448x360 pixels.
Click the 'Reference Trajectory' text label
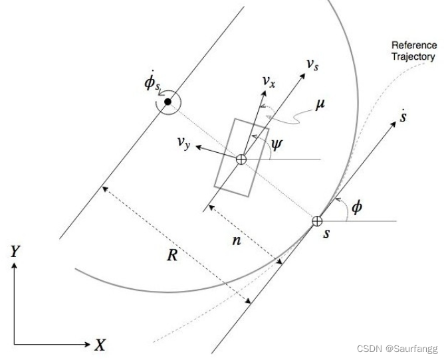coord(413,51)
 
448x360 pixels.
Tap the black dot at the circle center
coord(168,102)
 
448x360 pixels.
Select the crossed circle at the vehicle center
coord(241,159)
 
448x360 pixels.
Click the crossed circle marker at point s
coord(318,221)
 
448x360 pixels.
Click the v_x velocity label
coord(269,81)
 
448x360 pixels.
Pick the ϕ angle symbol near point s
coord(356,208)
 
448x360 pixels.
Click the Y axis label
coord(14,251)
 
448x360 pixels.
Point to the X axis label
coord(100,345)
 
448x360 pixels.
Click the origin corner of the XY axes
coord(14,344)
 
